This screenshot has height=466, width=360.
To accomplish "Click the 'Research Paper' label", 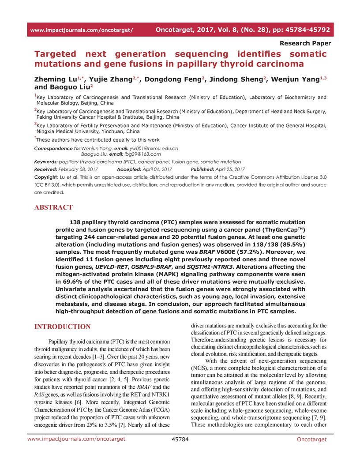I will point(305,43).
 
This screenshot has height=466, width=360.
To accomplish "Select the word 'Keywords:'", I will point(45,162).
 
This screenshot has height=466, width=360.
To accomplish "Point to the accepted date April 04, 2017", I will point(156,169).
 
